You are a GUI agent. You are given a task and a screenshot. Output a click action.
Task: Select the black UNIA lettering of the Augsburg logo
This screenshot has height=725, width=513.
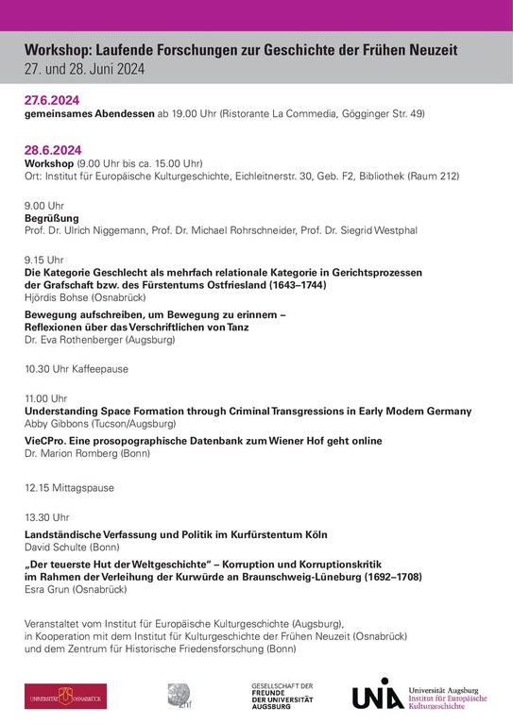tap(377, 694)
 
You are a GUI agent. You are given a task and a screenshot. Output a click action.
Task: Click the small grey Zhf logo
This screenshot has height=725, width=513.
tap(180, 695)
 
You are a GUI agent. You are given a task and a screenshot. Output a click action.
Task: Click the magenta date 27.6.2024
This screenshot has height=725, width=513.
tap(53, 100)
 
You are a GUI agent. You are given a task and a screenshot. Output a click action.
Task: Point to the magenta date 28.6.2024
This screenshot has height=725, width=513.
tap(53, 149)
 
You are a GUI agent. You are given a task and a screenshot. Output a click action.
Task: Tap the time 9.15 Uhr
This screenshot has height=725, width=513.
tap(43, 259)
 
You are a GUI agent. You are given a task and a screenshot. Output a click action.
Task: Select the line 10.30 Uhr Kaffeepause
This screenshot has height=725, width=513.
tap(76, 369)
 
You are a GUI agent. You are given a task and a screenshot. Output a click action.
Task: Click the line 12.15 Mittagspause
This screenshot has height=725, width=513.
tap(69, 488)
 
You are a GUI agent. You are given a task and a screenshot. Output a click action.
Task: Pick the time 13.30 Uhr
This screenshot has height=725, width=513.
tap(46, 517)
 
